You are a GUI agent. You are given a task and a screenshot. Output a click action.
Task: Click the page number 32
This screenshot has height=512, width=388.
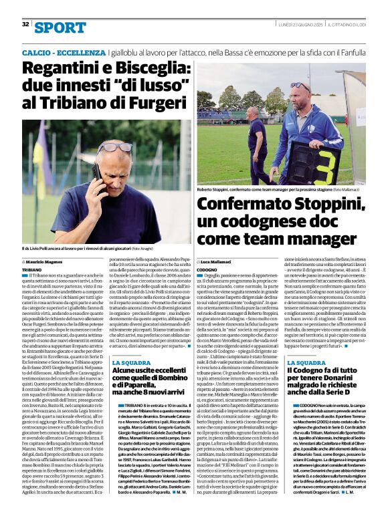coord(25,24)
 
